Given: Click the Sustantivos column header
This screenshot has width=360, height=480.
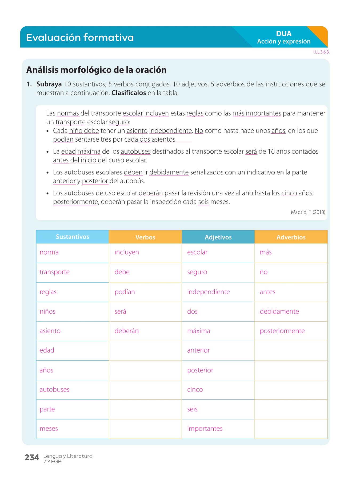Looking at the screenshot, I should tap(72, 237).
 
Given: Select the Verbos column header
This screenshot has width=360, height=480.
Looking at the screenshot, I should tap(145, 237).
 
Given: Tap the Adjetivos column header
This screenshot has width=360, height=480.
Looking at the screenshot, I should tap(218, 237).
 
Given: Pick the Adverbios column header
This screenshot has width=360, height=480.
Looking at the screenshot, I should tap(291, 237).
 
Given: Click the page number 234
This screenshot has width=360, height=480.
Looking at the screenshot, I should tap(32, 458).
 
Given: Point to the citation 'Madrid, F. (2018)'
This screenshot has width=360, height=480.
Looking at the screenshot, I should tap(308, 212).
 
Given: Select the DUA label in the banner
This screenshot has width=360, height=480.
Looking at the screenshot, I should tap(284, 34).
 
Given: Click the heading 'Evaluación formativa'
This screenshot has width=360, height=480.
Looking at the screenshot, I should tap(80, 37).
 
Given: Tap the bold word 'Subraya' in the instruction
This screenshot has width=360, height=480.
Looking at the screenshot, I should tap(49, 84).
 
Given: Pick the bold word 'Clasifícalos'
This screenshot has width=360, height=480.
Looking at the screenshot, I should tap(129, 93).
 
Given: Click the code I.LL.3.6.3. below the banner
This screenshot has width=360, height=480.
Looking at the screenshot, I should tap(321, 52).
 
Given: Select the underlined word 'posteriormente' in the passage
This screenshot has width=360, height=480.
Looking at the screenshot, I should tap(75, 202).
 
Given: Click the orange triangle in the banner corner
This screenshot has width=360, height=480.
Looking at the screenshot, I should tap(320, 33).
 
